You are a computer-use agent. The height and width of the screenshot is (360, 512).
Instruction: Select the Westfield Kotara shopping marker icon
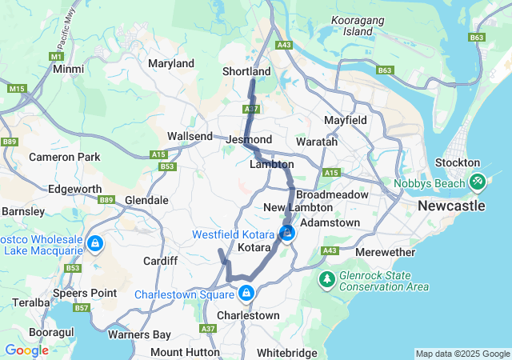coord(287,234)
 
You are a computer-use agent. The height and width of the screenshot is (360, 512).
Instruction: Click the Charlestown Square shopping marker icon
coord(246,294)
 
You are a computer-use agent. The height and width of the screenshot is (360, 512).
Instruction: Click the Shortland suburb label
coord(246,72)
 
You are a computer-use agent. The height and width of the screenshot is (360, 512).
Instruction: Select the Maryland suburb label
coord(171,63)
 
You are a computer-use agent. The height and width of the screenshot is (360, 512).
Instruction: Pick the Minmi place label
coord(68,70)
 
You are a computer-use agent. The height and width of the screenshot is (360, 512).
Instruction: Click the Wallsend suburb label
coord(190,137)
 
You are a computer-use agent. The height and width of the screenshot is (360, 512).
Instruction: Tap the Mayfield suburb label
coord(346,120)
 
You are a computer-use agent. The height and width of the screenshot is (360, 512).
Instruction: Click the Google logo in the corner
coord(26,350)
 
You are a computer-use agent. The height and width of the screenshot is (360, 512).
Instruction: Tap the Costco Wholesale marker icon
coord(94,242)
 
